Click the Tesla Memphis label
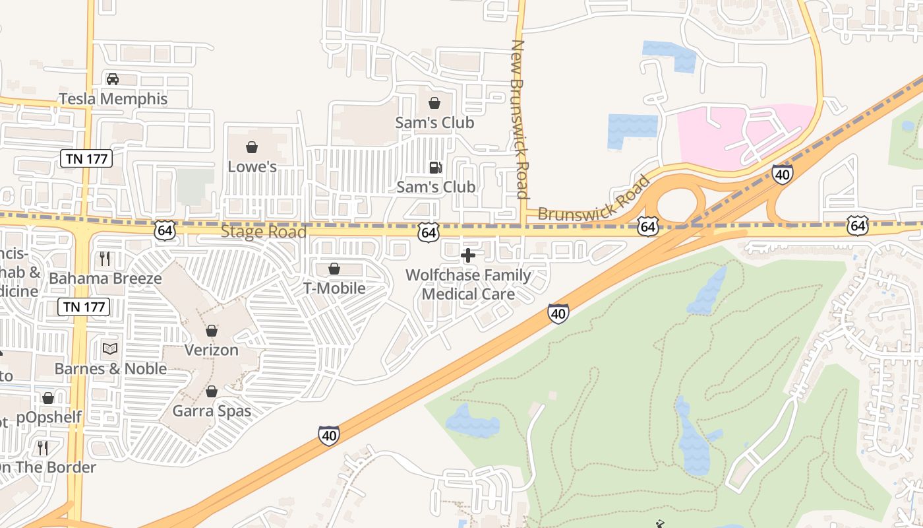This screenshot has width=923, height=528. pyautogui.click(x=113, y=99)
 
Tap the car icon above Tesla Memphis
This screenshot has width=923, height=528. pyautogui.click(x=113, y=79)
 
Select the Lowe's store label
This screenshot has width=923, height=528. pyautogui.click(x=252, y=166)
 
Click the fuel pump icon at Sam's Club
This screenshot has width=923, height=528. pyautogui.click(x=435, y=168)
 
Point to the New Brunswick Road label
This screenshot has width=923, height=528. pyautogui.click(x=520, y=119)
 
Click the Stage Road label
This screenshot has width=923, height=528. pyautogui.click(x=263, y=232)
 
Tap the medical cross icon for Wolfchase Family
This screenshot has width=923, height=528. pyautogui.click(x=468, y=255)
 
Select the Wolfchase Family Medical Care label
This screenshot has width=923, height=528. pyautogui.click(x=468, y=284)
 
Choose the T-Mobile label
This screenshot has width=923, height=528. pyautogui.click(x=334, y=288)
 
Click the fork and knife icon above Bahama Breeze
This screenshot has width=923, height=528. pyautogui.click(x=105, y=258)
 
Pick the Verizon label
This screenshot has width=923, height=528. pyautogui.click(x=211, y=350)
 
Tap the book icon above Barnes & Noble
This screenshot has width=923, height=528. pyautogui.click(x=110, y=348)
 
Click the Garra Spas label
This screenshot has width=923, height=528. pyautogui.click(x=212, y=411)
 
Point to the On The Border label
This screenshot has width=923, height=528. pyautogui.click(x=47, y=467)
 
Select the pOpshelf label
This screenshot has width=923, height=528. pyautogui.click(x=49, y=417)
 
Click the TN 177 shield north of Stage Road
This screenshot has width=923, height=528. pyautogui.click(x=86, y=158)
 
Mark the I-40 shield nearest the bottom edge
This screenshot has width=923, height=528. pyautogui.click(x=329, y=435)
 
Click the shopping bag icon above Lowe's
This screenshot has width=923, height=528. pyautogui.click(x=252, y=147)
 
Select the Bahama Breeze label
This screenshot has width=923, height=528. pyautogui.click(x=105, y=278)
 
